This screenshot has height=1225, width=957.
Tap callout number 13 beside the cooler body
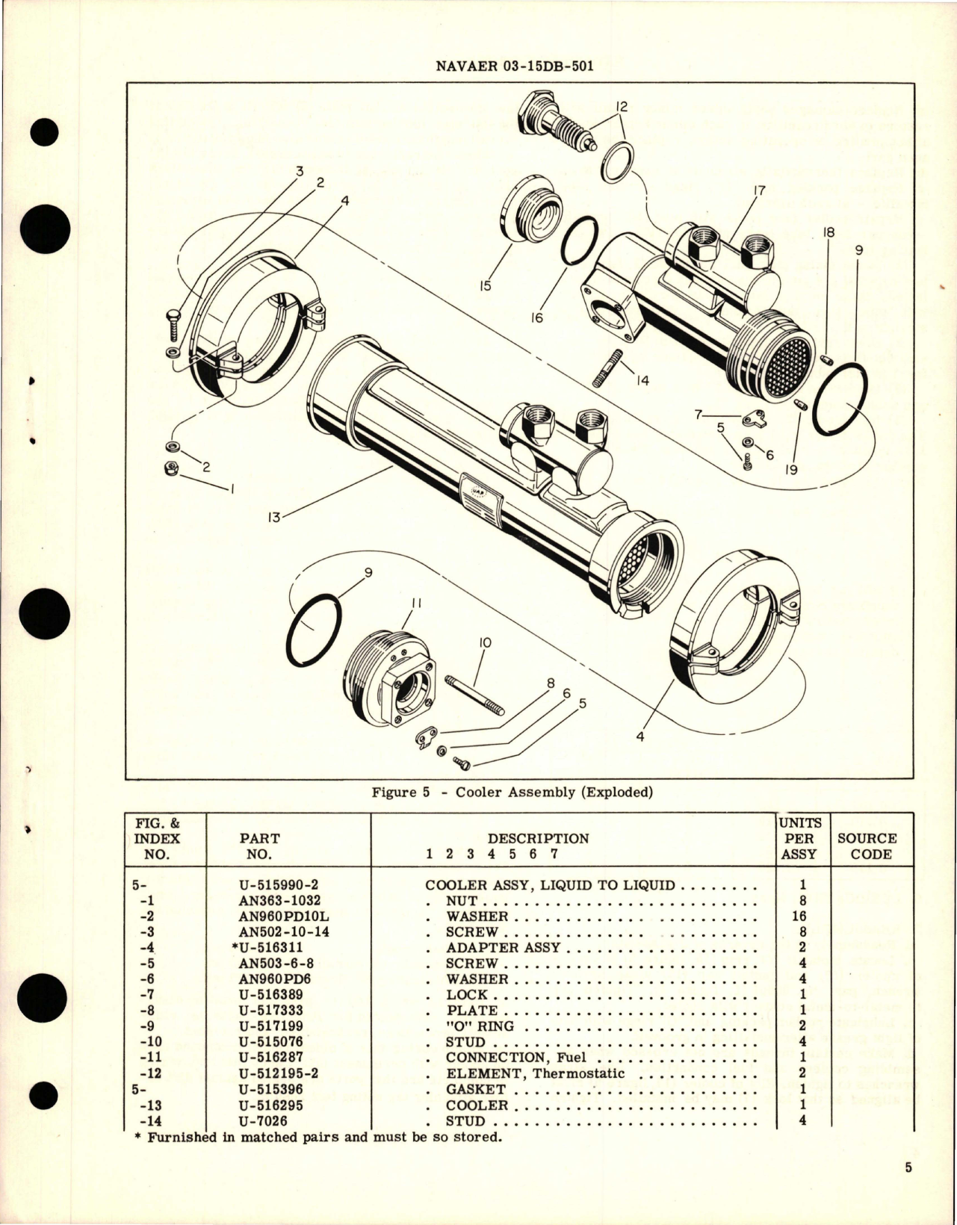pos(274,517)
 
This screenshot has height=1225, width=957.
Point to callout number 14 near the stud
pos(642,381)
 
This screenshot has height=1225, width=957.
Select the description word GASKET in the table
pos(476,1090)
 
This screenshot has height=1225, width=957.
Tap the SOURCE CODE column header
pos(871,846)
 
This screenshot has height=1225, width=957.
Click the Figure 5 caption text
pos(512,793)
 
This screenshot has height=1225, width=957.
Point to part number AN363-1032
pos(279,901)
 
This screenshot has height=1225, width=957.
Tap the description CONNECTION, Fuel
pos(515,1058)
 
